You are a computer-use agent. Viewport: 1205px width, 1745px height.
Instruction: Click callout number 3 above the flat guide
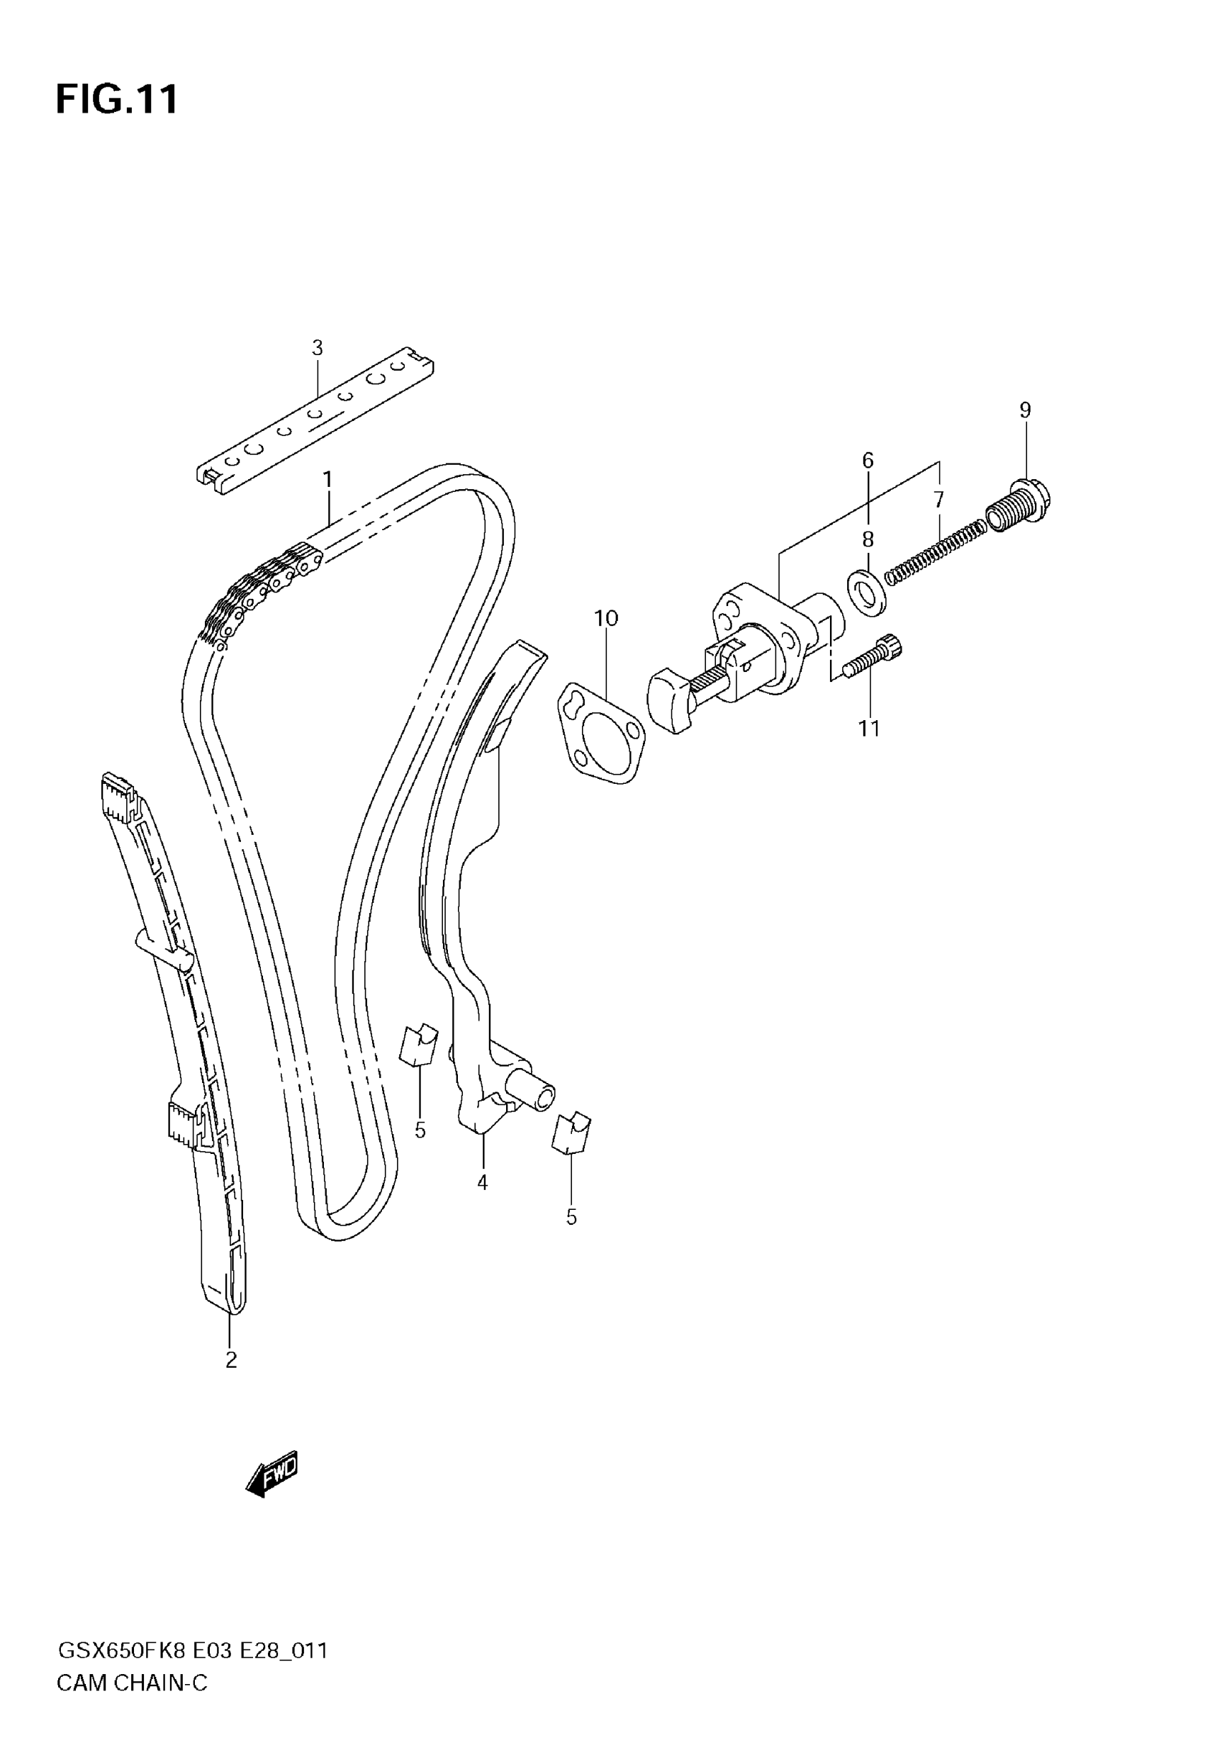[317, 348]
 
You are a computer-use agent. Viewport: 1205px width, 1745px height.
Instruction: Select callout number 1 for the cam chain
[327, 479]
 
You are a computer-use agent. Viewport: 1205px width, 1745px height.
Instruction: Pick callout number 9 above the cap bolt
[1024, 410]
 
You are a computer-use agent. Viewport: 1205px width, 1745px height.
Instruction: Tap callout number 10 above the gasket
[605, 618]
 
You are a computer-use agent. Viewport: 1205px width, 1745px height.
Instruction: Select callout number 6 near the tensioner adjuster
[868, 460]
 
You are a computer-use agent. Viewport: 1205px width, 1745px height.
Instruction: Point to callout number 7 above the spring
[938, 500]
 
